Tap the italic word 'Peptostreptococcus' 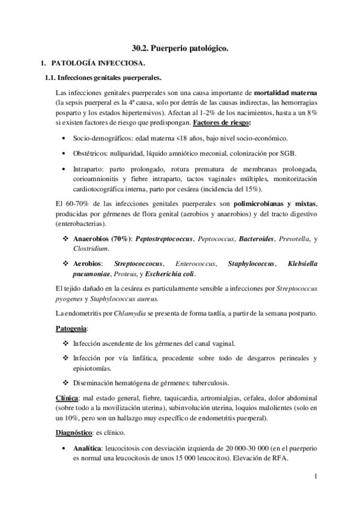click(x=165, y=239)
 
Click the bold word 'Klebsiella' click(x=303, y=263)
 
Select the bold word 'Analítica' click(x=88, y=449)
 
